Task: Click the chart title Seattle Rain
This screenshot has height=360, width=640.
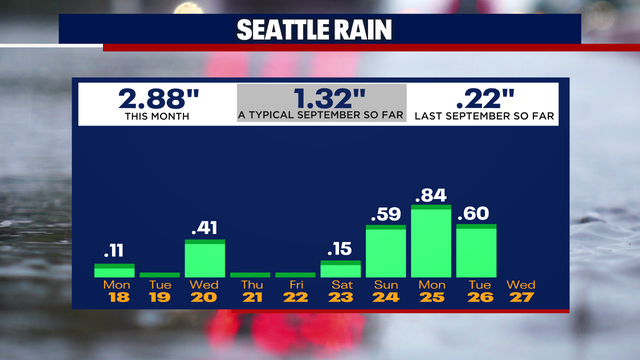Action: click(x=319, y=30)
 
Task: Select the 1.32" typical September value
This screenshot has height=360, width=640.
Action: click(x=318, y=99)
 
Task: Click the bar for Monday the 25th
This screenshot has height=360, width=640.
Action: click(x=431, y=243)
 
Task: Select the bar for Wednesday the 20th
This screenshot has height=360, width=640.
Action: click(x=205, y=259)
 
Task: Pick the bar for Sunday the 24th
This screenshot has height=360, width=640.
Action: click(x=386, y=252)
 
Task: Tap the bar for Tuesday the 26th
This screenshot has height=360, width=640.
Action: click(x=476, y=251)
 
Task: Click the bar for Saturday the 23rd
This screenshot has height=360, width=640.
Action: click(x=341, y=269)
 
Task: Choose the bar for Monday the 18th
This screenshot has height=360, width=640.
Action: click(x=114, y=270)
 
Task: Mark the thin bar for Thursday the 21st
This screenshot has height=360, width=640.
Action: click(x=250, y=274)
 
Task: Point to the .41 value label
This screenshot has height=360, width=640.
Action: click(x=205, y=227)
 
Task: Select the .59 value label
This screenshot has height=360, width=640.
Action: click(x=386, y=214)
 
